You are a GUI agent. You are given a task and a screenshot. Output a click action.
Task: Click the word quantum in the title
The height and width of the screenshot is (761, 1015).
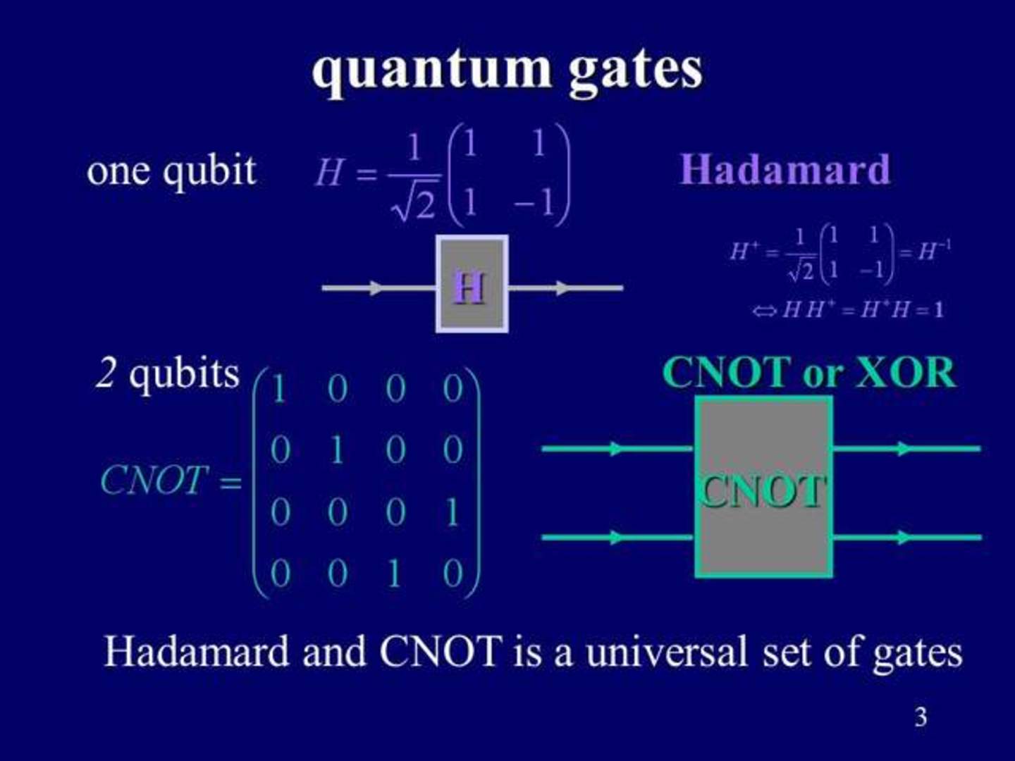click(x=431, y=70)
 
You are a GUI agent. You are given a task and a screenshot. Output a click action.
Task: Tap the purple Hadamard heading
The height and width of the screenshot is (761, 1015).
click(x=785, y=170)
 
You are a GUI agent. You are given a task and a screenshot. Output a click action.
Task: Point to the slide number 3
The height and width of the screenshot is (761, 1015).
click(x=921, y=717)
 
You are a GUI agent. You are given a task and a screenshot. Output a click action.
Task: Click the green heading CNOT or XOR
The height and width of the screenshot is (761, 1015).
click(x=809, y=372)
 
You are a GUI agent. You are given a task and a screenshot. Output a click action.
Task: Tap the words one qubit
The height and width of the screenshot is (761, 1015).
click(x=171, y=171)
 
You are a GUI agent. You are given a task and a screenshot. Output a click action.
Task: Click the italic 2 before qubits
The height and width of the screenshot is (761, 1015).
click(x=106, y=373)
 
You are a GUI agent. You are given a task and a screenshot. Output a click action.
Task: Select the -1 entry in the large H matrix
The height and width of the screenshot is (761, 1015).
click(x=534, y=204)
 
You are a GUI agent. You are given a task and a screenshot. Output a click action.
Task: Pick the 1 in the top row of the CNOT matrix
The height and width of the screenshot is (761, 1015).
click(x=278, y=389)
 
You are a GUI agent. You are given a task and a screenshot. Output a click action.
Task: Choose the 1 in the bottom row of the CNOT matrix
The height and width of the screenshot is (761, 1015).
click(x=394, y=574)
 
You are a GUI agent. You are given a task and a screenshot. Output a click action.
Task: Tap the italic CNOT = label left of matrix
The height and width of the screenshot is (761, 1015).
click(x=170, y=481)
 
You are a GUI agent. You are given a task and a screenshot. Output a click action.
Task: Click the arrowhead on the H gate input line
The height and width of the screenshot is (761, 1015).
click(x=378, y=287)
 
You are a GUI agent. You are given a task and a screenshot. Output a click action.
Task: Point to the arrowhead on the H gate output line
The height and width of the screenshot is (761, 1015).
click(x=562, y=287)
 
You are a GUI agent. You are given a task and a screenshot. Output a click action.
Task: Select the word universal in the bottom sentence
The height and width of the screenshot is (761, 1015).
click(x=666, y=651)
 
